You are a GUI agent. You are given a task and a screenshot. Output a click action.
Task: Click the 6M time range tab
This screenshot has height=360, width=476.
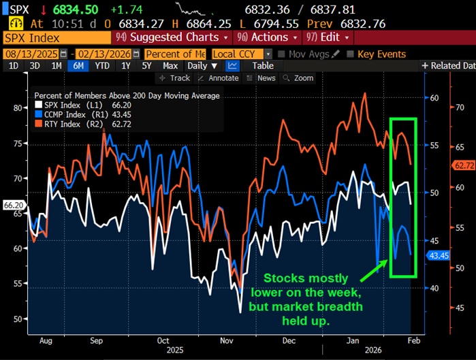click(x=78, y=66)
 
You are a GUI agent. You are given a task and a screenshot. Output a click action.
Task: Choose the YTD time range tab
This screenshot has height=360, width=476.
click(x=102, y=66)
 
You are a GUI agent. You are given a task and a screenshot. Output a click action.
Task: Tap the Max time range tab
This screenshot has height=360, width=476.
click(x=170, y=66)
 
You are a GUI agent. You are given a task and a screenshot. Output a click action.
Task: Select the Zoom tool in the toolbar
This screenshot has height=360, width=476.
click(x=299, y=78)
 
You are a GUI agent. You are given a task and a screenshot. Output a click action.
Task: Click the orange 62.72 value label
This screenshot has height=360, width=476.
click(x=463, y=165)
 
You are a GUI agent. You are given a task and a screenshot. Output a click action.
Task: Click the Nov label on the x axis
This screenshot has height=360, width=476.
click(x=227, y=341)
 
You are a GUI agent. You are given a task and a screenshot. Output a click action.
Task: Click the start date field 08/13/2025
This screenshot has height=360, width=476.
click(x=31, y=54)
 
